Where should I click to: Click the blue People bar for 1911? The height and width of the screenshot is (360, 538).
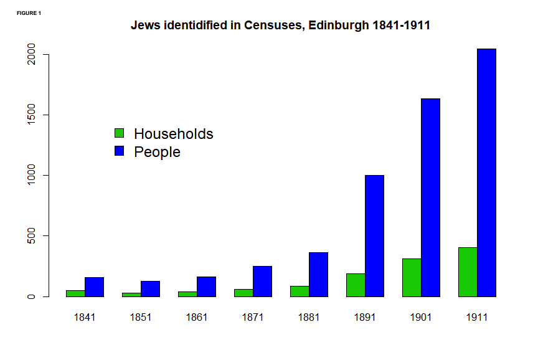[486, 173]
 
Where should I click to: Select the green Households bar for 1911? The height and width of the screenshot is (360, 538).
[468, 272]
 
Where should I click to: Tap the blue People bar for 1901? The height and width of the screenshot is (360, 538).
[430, 197]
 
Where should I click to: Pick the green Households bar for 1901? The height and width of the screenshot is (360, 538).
[412, 278]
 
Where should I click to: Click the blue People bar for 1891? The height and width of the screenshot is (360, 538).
[374, 236]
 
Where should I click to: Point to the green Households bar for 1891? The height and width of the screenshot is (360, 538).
[356, 285]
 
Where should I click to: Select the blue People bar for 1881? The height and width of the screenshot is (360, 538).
[318, 275]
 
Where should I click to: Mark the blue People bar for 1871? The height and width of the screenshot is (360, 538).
[262, 282]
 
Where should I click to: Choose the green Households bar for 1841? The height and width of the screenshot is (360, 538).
[75, 293]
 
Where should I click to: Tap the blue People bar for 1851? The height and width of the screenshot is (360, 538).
[150, 289]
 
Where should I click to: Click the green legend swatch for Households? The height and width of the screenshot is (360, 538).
[120, 133]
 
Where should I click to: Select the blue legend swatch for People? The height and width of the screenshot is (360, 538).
[120, 151]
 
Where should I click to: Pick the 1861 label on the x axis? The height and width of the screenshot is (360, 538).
[197, 317]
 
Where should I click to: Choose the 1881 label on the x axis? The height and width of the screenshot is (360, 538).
[309, 317]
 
